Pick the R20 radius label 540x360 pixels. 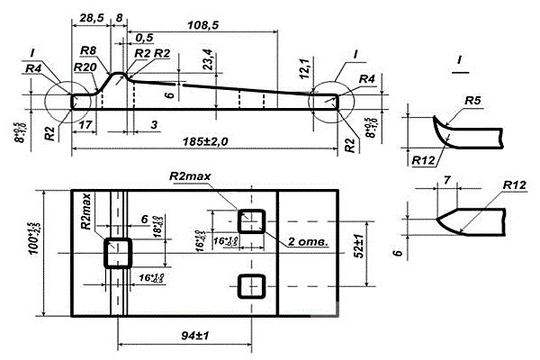pyautogui.click(x=87, y=67)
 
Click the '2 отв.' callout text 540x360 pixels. pyautogui.click(x=309, y=242)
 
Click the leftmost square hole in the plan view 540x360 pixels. pyautogui.click(x=118, y=252)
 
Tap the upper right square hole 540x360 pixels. pyautogui.click(x=251, y=220)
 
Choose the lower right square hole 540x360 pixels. pyautogui.click(x=251, y=285)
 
